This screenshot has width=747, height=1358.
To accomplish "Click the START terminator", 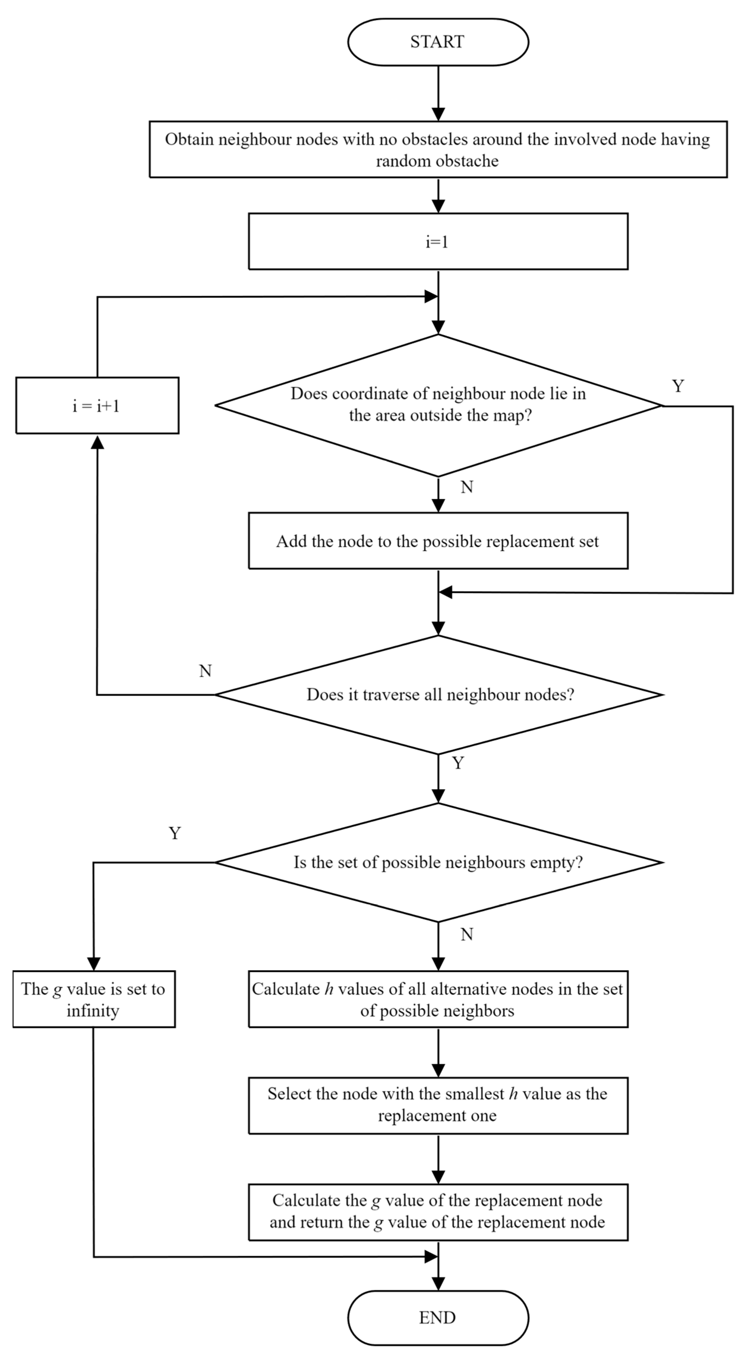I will (x=438, y=42).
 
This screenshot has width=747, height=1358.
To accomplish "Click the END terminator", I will (x=438, y=1317).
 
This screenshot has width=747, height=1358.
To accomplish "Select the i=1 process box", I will (x=438, y=241).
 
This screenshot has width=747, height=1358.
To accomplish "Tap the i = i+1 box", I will (x=97, y=405).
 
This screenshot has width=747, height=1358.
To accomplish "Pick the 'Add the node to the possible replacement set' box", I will (x=438, y=541).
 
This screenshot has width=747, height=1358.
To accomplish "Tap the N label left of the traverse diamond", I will (x=205, y=671).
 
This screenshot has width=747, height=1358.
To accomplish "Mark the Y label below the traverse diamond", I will (x=458, y=763).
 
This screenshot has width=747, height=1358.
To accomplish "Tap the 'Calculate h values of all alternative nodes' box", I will (x=438, y=999).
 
